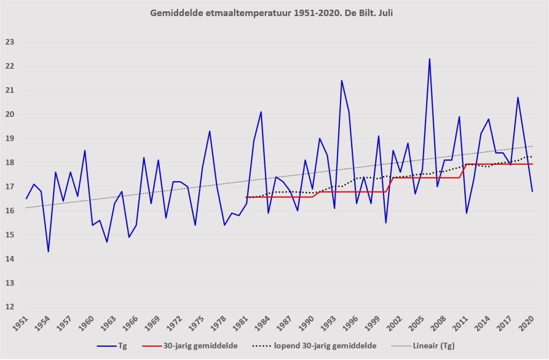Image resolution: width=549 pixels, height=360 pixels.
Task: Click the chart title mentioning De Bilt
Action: [271, 13]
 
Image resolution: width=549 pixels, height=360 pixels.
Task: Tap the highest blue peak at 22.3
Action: [429, 59]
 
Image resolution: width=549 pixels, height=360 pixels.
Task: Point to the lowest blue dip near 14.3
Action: [48, 252]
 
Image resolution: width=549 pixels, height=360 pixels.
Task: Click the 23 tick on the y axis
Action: [10, 42]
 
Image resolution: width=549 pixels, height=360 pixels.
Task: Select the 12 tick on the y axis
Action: [10, 307]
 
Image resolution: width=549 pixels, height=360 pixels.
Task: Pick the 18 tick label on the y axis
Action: [10, 163]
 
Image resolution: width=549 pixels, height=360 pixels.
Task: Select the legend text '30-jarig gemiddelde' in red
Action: [201, 346]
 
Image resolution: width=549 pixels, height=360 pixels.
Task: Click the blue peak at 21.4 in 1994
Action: [342, 80]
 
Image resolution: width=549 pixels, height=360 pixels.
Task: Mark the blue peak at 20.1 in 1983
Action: [261, 112]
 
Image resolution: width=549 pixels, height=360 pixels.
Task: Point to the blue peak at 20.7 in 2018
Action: [518, 98]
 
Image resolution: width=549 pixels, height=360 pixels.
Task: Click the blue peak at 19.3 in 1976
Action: [210, 131]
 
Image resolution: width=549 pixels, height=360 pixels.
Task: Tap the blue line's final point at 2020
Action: [532, 192]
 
